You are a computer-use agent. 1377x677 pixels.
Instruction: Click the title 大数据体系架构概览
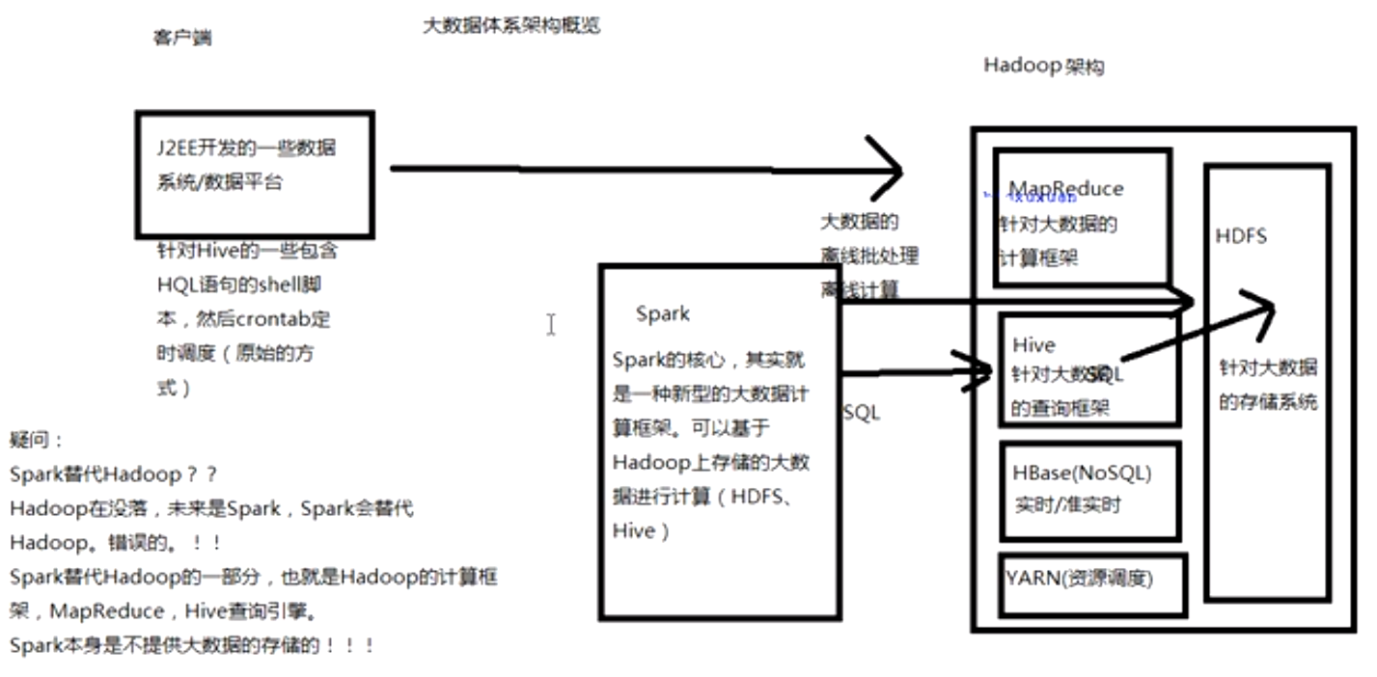pos(511,26)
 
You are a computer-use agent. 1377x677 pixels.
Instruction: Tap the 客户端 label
pos(182,39)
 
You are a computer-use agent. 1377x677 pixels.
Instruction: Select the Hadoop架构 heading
pos(1043,67)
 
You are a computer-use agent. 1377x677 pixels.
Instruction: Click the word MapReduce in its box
pos(1066,189)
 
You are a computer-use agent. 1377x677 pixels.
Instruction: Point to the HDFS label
pos(1241,236)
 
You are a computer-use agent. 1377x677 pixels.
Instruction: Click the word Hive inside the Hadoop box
pos(1033,345)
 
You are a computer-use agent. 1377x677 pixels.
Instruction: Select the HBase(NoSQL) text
pos(1082,474)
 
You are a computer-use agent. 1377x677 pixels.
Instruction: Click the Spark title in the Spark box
pos(663,313)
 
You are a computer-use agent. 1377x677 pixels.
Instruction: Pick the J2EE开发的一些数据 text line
pos(246,149)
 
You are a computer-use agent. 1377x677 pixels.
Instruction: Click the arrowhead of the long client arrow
pos(893,170)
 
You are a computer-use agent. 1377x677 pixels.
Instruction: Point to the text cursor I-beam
pos(551,325)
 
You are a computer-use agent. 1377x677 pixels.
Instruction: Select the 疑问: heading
pos(37,440)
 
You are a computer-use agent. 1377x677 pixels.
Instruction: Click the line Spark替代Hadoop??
pos(114,474)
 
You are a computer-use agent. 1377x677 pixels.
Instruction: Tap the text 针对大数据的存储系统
pos(1267,385)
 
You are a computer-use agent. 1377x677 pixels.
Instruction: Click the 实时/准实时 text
pos(1067,504)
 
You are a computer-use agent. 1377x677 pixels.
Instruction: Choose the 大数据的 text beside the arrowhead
pos(859,223)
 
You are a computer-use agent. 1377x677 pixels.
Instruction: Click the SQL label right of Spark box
pos(862,413)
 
